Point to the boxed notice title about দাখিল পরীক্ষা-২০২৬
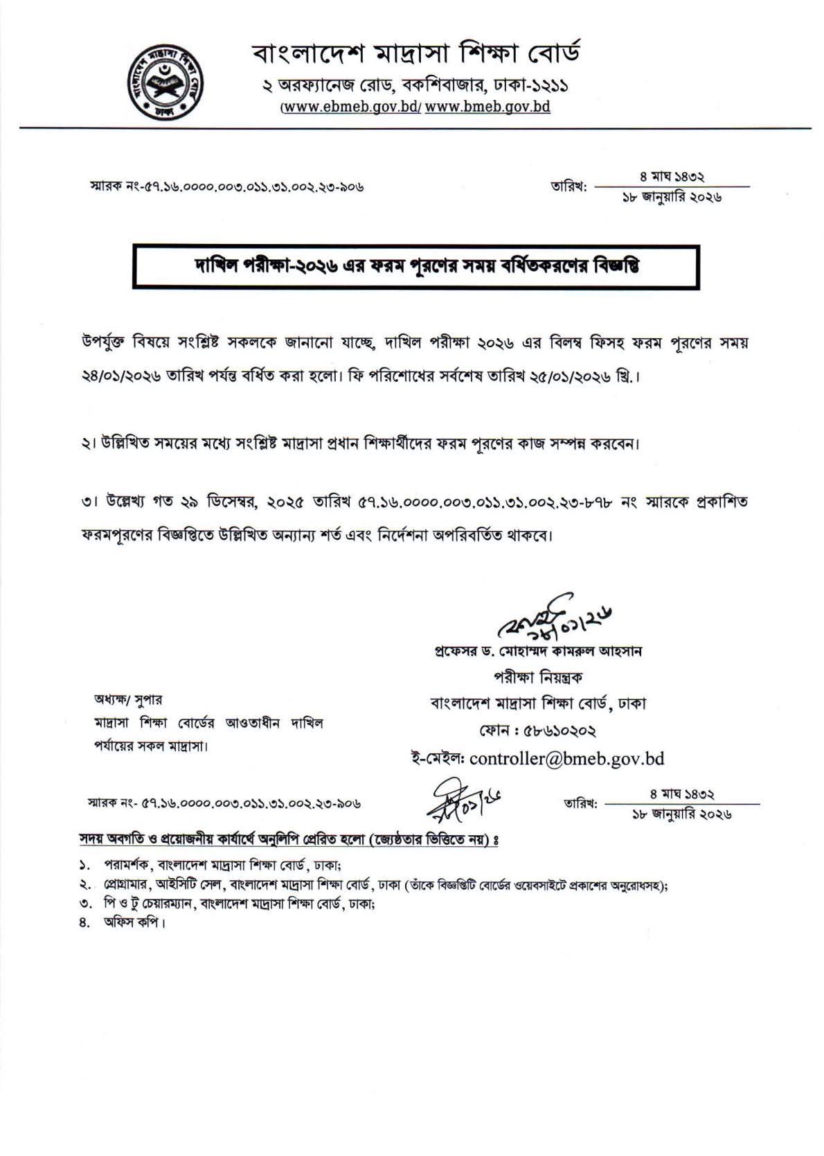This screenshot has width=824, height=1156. [x=415, y=267]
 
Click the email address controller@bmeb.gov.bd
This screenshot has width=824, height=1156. [x=566, y=758]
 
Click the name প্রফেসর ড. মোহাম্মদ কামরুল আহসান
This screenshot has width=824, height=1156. [x=537, y=652]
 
